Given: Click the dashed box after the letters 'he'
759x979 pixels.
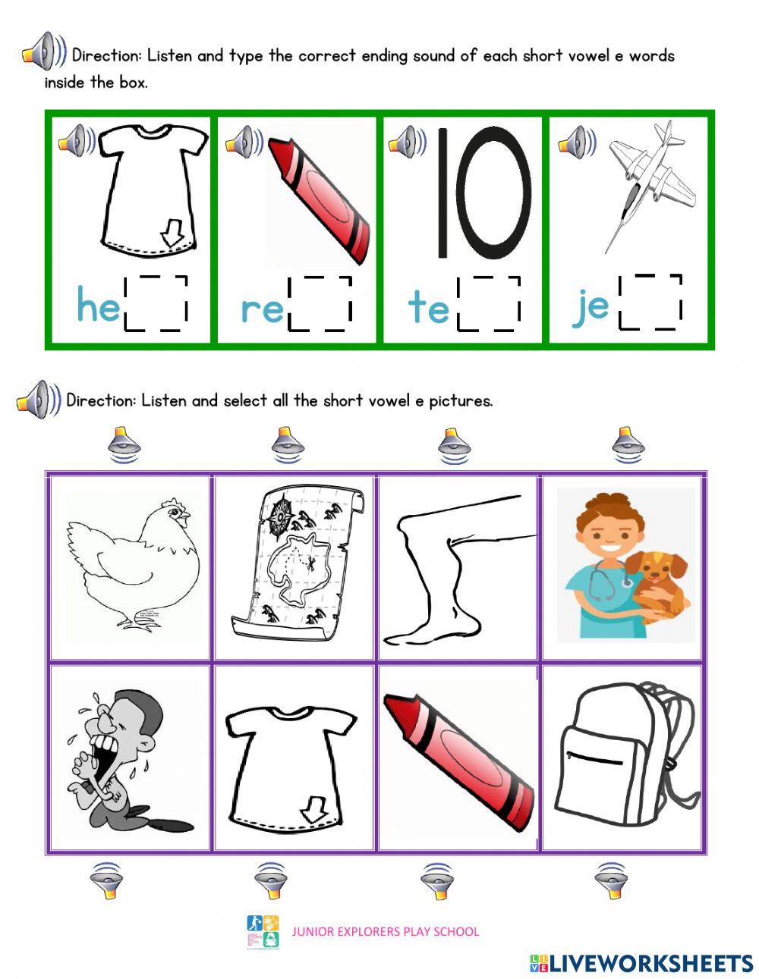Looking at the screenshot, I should click(x=156, y=303).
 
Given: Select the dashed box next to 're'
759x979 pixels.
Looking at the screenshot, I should click(x=320, y=304).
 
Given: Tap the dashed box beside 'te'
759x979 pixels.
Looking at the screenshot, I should click(x=489, y=304).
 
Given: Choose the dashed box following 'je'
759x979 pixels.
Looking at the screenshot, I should click(x=650, y=302).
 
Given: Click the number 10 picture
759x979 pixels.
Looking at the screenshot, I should click(x=483, y=194).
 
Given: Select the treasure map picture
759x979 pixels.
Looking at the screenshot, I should click(x=296, y=565).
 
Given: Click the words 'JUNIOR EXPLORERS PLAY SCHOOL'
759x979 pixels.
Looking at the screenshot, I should click(x=386, y=931).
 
